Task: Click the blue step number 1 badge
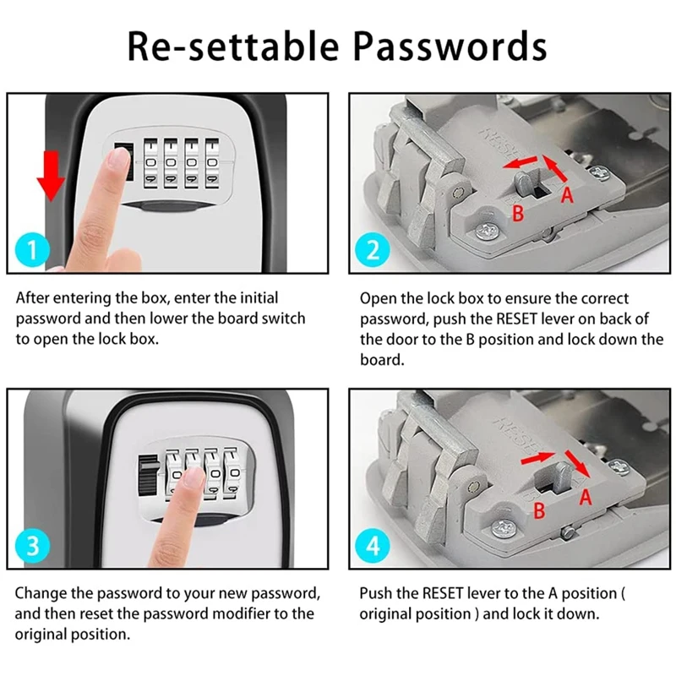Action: pos(31,251)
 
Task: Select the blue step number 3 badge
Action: pos(31,545)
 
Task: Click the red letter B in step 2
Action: pos(519,213)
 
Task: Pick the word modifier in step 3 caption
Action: pos(238,613)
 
